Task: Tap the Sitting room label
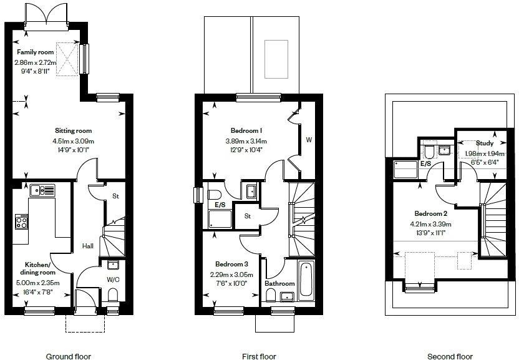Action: (72, 131)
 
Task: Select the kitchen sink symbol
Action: (42, 190)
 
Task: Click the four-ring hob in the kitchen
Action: (21, 221)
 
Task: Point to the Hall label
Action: (88, 246)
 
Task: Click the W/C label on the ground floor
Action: (113, 280)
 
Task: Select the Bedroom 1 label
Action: (246, 131)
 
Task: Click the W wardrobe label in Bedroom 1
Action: (308, 140)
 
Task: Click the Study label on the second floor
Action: (484, 143)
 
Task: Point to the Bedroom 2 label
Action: (428, 214)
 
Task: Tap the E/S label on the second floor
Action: (426, 163)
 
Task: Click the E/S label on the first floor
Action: (220, 205)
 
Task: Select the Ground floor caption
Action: (69, 356)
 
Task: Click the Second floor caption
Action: (450, 356)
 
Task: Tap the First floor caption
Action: (259, 356)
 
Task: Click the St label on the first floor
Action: (248, 216)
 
